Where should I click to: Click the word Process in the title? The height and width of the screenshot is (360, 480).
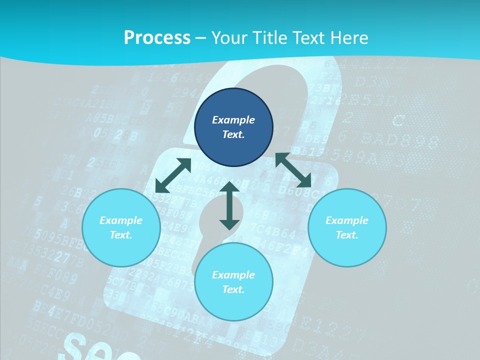(x=157, y=37)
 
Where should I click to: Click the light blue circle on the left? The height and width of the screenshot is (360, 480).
(x=121, y=228)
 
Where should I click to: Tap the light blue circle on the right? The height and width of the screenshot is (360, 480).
(x=347, y=228)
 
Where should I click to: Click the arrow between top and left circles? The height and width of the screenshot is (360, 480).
(x=173, y=175)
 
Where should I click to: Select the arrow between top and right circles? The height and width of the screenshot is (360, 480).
(x=293, y=170)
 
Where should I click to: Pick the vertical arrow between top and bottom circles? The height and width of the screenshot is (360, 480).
(x=229, y=205)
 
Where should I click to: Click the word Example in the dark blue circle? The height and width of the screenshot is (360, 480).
(x=233, y=120)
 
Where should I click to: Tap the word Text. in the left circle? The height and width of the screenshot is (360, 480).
(x=121, y=235)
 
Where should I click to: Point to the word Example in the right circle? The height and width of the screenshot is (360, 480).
(x=347, y=220)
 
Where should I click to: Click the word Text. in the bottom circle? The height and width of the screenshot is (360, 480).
(x=233, y=289)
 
